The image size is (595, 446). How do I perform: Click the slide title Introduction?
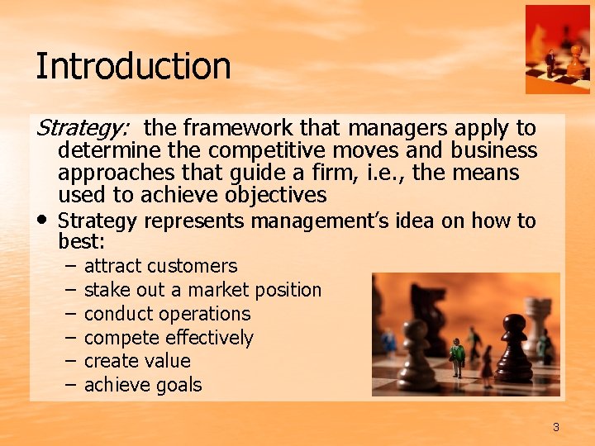point(133,66)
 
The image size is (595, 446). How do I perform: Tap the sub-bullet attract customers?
point(160,266)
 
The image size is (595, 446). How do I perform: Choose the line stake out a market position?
point(202,290)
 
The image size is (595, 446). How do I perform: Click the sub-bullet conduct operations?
point(167,314)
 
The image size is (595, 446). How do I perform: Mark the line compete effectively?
point(169,338)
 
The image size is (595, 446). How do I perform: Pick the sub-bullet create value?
point(137,361)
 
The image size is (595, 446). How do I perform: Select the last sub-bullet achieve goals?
point(143,385)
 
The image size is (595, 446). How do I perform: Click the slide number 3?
point(556,427)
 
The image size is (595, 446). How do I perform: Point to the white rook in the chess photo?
point(537,322)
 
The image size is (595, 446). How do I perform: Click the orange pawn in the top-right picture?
point(576,60)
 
